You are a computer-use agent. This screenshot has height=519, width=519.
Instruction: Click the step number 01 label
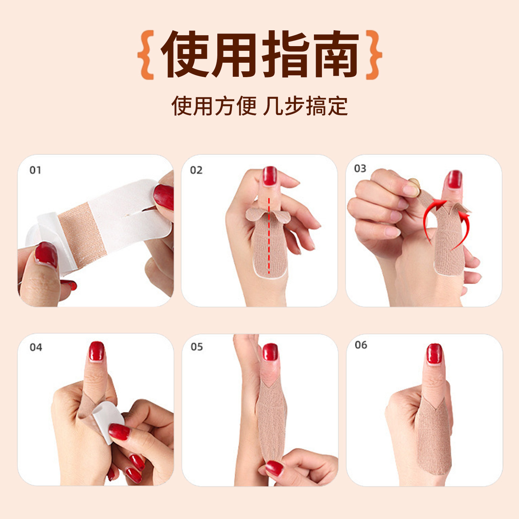click(x=35, y=170)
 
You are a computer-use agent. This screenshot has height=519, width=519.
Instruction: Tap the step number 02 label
click(x=196, y=170)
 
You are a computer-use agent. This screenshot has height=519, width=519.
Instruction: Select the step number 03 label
click(x=360, y=169)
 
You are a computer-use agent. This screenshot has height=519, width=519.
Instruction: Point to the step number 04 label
click(x=36, y=347)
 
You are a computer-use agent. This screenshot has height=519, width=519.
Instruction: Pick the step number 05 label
click(x=197, y=347)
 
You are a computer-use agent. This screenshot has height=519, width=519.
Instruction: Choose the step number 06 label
click(x=361, y=345)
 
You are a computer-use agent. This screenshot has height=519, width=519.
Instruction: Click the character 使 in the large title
click(x=185, y=54)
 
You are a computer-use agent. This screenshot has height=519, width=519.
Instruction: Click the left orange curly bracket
click(x=146, y=55)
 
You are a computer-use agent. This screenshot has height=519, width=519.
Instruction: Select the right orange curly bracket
click(x=374, y=55)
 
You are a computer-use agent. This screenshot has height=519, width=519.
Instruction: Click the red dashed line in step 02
click(x=269, y=236)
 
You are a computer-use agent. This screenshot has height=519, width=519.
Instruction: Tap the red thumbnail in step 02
click(x=270, y=176)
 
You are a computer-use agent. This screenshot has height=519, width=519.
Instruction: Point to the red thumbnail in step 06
click(x=434, y=354)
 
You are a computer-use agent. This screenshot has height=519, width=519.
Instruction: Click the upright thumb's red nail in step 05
click(x=270, y=352)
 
